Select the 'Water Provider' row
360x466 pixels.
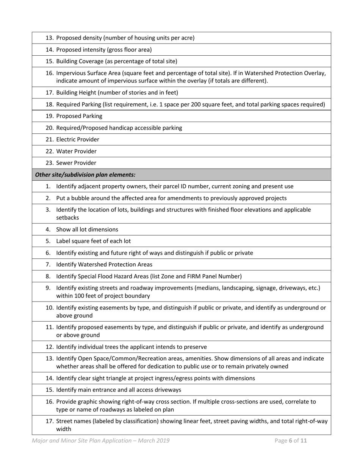click(x=76, y=151)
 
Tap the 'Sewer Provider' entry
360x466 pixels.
click(x=76, y=163)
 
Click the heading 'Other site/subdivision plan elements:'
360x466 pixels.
click(x=85, y=175)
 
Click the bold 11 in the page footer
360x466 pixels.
click(x=304, y=441)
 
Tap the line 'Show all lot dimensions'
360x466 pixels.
click(x=87, y=230)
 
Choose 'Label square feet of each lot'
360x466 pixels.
click(x=94, y=241)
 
